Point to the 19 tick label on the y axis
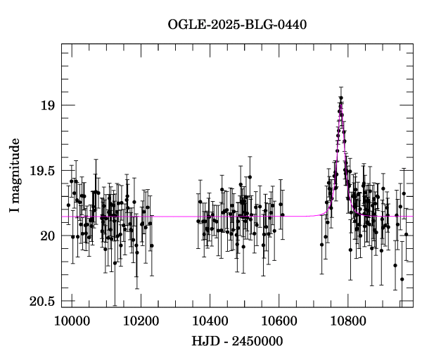pyautogui.click(x=46, y=105)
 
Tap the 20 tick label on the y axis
pyautogui.click(x=46, y=236)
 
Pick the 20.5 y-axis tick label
pyautogui.click(x=41, y=301)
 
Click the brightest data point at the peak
pyautogui.click(x=340, y=98)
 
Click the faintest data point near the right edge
pyautogui.click(x=402, y=279)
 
